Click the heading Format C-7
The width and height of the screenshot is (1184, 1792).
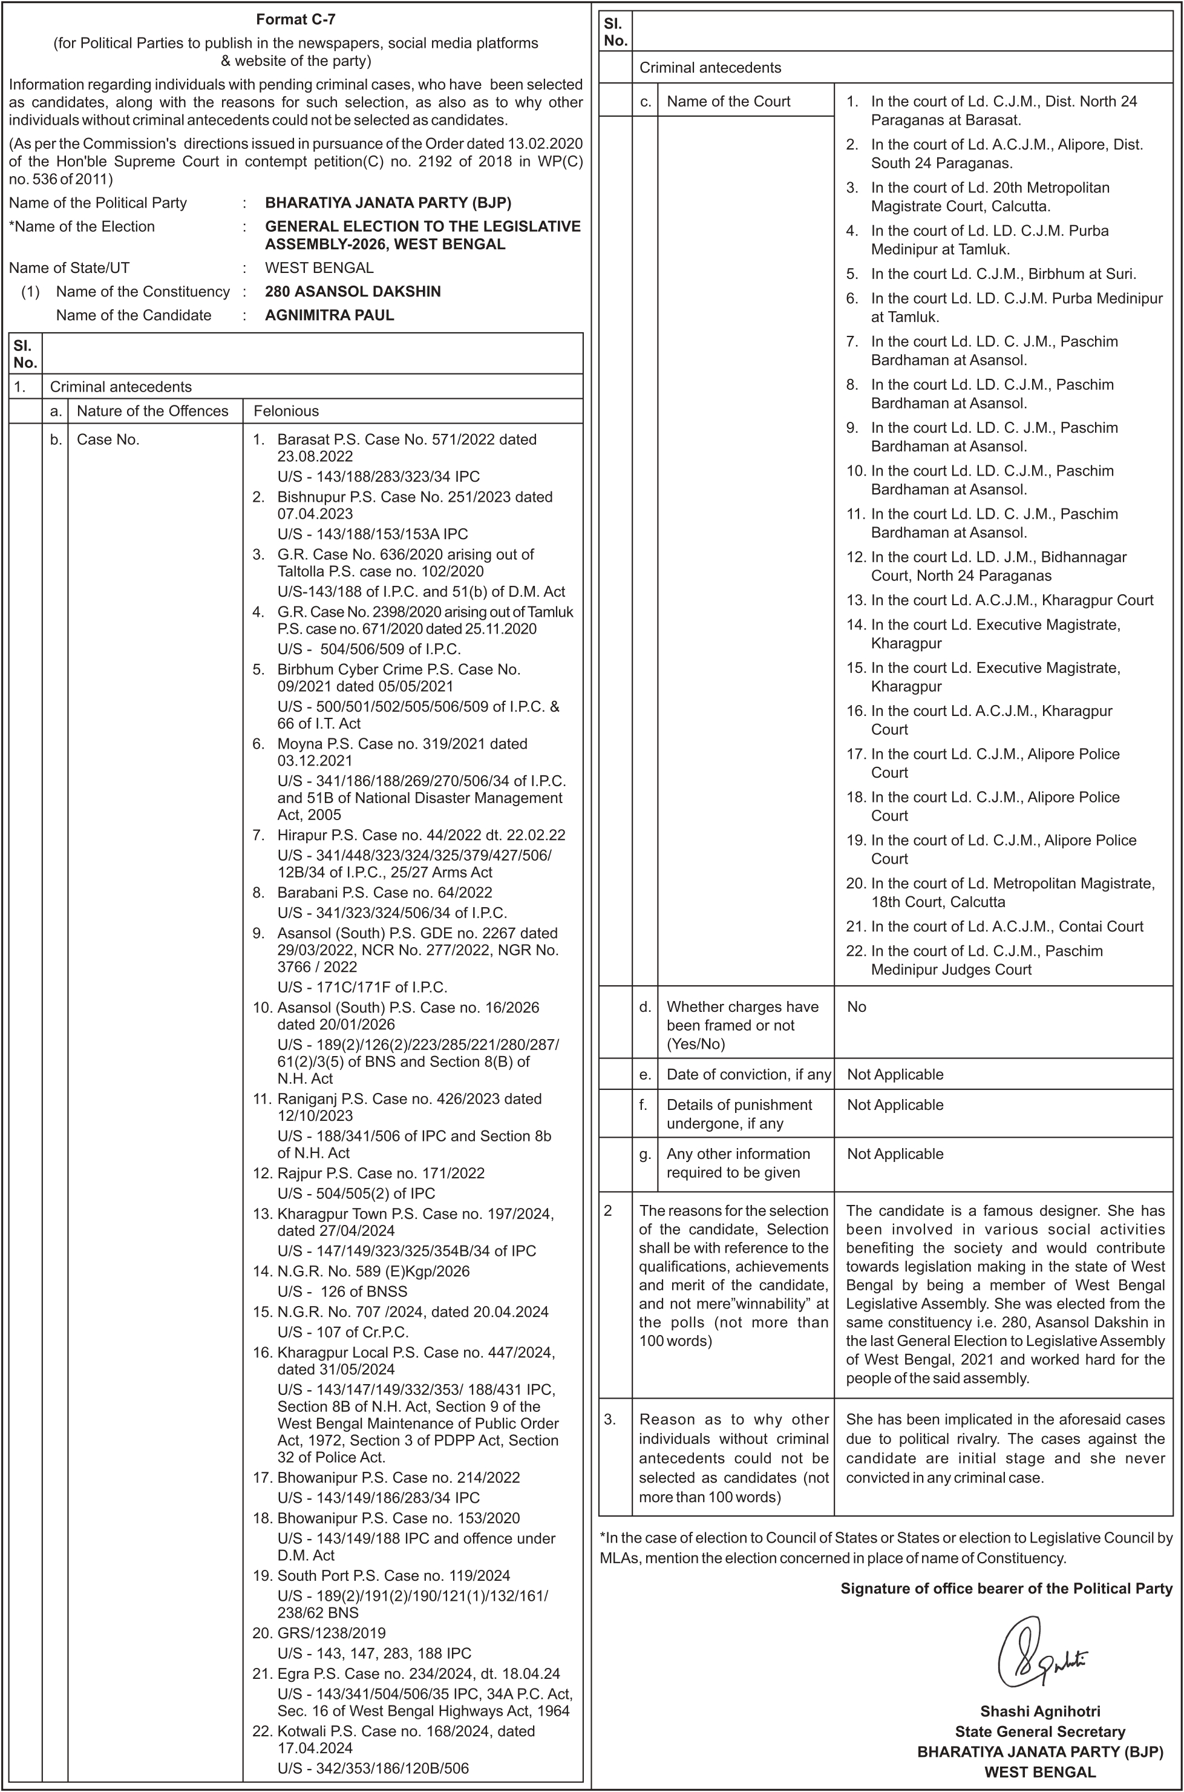point(295,19)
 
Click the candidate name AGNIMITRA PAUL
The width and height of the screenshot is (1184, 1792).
point(329,315)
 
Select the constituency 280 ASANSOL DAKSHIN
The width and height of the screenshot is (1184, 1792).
point(353,292)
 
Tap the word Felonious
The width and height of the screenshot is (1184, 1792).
point(286,411)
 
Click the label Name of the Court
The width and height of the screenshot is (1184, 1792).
point(728,102)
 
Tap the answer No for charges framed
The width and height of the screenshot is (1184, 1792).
point(856,1006)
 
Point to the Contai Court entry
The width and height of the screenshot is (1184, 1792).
point(1007,927)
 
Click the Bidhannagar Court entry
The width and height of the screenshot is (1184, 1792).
point(998,566)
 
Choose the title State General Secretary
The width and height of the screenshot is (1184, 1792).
point(1040,1731)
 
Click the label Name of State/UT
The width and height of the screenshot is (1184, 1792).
point(69,268)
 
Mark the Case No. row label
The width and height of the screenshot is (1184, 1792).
point(108,439)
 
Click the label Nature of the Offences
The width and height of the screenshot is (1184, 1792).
point(152,411)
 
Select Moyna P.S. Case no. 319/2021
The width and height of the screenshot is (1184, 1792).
point(402,744)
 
